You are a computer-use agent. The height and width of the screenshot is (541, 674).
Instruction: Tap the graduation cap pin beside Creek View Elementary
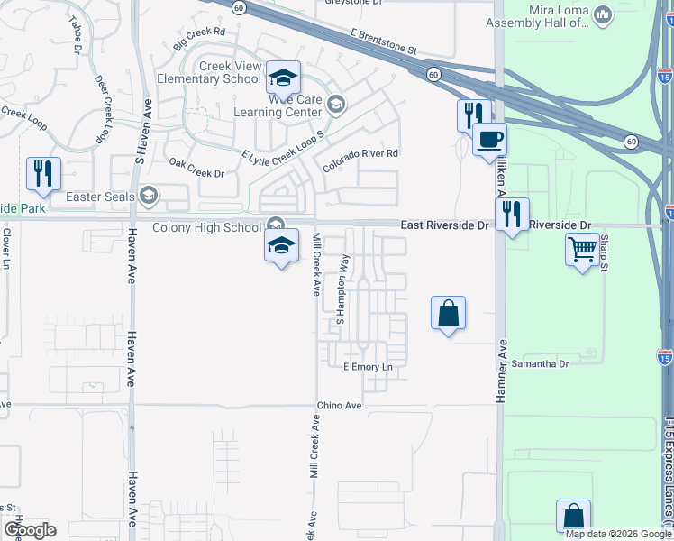283,78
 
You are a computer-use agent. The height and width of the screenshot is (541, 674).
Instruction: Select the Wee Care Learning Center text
278,105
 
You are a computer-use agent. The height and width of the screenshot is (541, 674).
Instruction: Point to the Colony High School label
206,227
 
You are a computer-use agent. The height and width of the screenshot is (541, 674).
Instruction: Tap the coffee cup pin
489,140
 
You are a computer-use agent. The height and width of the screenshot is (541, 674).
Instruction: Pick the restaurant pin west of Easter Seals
43,173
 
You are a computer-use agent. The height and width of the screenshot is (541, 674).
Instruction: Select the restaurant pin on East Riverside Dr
512,215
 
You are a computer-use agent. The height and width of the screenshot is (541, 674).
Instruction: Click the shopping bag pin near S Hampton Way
448,313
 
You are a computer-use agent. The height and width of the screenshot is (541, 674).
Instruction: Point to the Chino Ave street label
339,407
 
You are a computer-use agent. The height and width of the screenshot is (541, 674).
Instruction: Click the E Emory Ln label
369,368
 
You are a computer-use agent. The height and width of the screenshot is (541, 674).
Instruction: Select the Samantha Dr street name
541,364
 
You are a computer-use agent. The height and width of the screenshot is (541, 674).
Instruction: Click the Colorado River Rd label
360,154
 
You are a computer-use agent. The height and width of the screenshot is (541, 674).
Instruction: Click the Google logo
31,530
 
